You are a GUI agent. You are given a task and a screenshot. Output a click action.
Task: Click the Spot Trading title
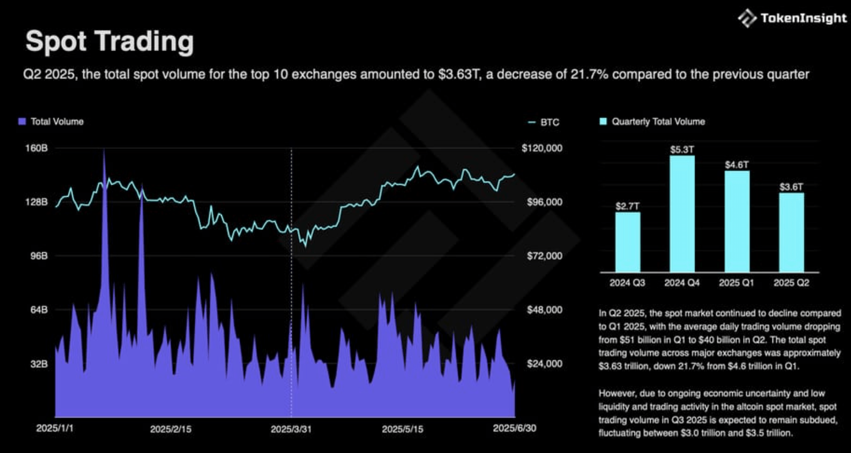(110, 42)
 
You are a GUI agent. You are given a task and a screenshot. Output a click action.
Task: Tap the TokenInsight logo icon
(747, 18)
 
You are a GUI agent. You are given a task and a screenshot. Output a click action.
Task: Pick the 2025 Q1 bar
(737, 221)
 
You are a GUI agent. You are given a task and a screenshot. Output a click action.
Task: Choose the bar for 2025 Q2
(791, 232)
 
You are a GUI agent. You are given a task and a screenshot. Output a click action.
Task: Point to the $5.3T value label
(682, 150)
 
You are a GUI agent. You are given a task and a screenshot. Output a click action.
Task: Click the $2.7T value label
(628, 206)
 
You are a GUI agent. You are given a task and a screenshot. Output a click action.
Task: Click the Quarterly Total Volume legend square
(603, 122)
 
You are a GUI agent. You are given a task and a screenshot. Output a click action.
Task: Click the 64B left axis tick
(39, 310)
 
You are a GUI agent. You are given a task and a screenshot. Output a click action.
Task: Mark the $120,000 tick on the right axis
(542, 148)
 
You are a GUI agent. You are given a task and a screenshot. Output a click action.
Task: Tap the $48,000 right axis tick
(544, 310)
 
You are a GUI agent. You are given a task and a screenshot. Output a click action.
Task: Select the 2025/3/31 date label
(291, 429)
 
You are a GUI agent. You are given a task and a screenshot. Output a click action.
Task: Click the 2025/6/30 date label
(514, 428)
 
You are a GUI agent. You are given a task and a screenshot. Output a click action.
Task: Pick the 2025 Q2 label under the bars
(791, 283)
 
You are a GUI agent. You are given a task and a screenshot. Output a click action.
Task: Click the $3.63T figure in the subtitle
(459, 74)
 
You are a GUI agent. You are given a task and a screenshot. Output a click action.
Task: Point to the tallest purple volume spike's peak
(104, 150)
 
